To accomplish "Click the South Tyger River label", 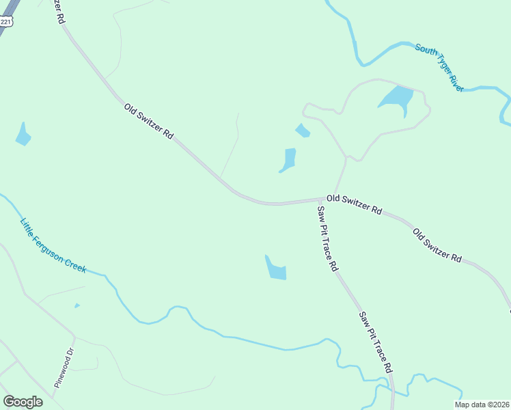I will pyautogui.click(x=440, y=68).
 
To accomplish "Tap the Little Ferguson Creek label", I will pyautogui.click(x=53, y=245).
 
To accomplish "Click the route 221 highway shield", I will pyautogui.click(x=5, y=21).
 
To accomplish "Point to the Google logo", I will pyautogui.click(x=23, y=402).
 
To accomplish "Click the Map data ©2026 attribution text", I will pyautogui.click(x=482, y=405).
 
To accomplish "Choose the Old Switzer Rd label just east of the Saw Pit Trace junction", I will pyautogui.click(x=354, y=204).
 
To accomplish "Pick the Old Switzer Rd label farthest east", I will pyautogui.click(x=437, y=245).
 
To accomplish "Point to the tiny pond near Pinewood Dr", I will pyautogui.click(x=77, y=305).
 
